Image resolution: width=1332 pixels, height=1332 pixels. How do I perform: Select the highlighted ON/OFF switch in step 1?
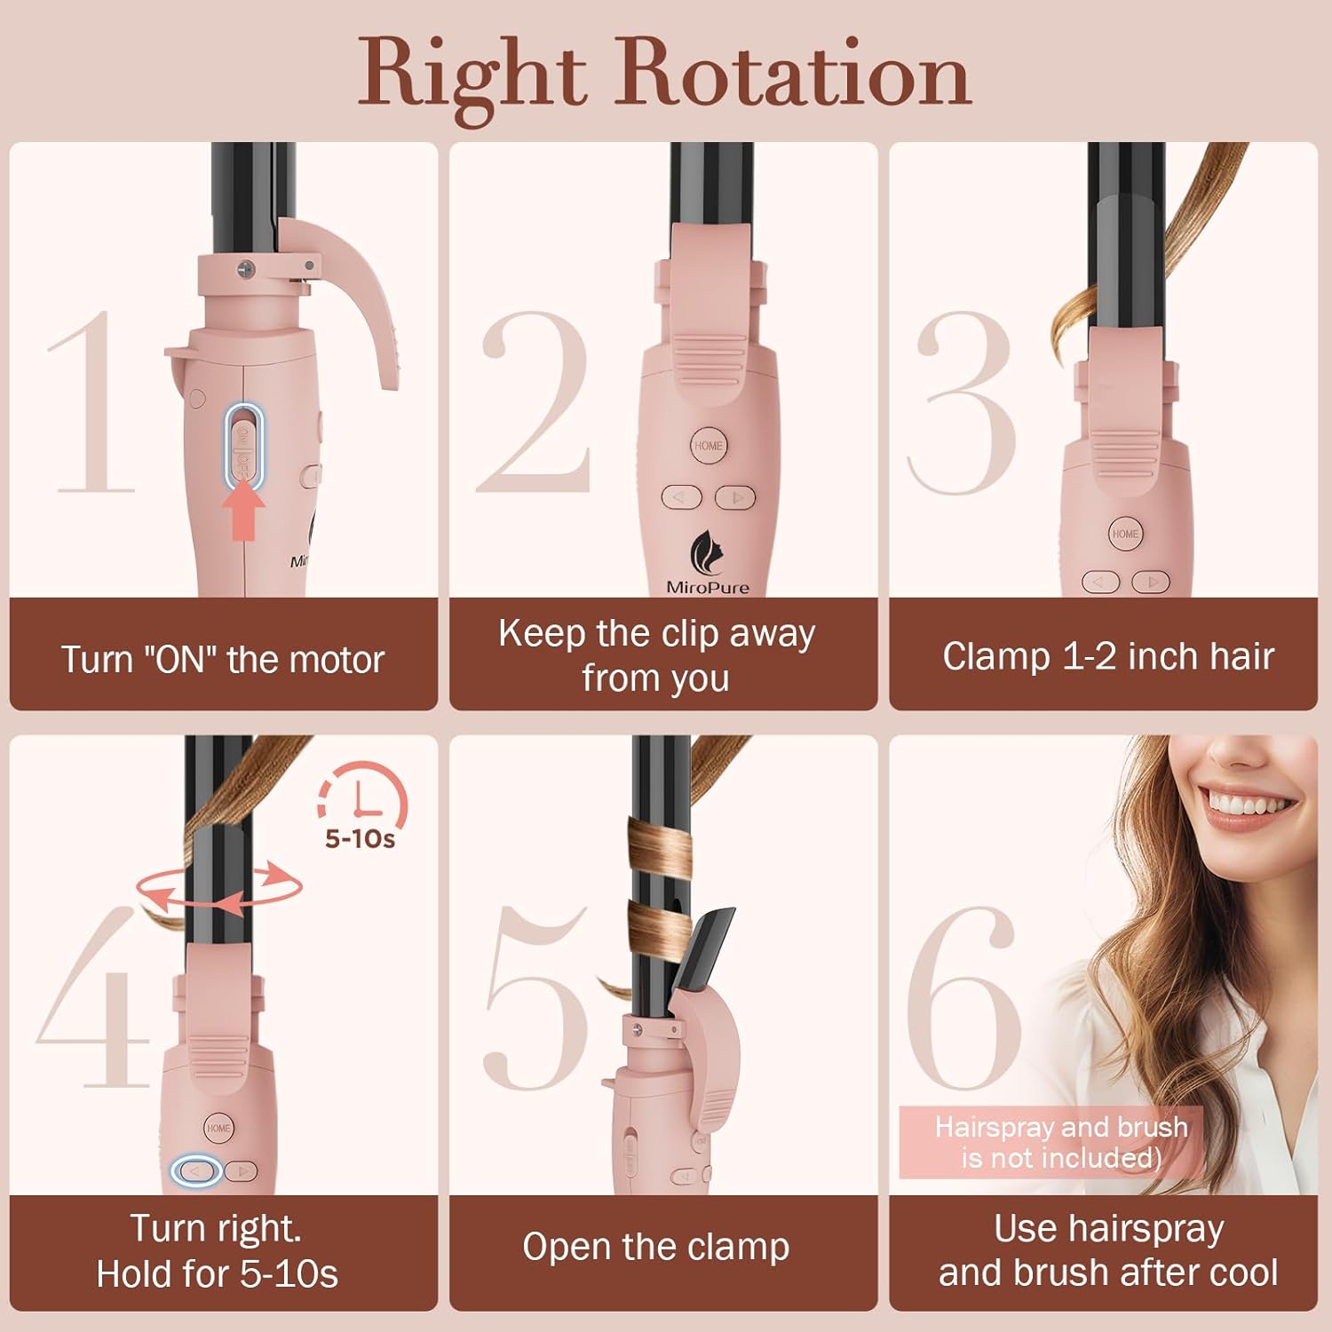pos(242,443)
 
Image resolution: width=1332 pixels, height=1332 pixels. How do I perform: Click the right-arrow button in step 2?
pos(735,497)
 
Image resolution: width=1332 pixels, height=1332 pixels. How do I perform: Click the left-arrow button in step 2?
pos(681,497)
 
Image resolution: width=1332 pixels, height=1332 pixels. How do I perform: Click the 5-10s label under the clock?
pos(360,838)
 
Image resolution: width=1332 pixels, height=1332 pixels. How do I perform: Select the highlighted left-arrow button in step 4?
pos(195,1171)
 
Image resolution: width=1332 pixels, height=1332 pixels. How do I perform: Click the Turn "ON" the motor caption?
pos(223,660)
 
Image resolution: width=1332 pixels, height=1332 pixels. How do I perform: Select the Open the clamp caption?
pos(655,1247)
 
